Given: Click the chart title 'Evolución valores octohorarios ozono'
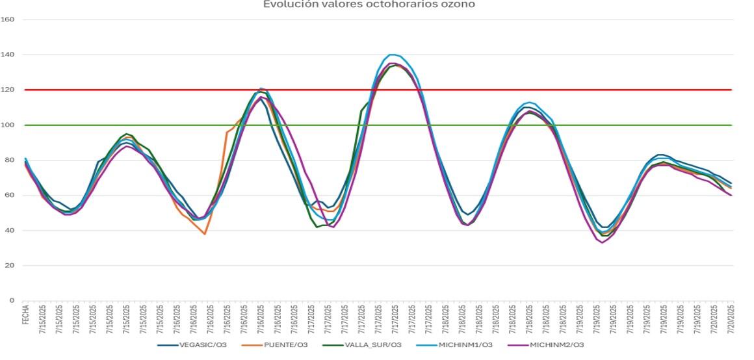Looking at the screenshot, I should pyautogui.click(x=369, y=5).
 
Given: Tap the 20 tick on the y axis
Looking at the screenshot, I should pyautogui.click(x=10, y=266).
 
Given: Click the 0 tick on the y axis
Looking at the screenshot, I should pyautogui.click(x=12, y=301).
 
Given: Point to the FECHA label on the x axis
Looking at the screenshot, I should pyautogui.click(x=25, y=315).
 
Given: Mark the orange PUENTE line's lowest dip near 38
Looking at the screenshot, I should pyautogui.click(x=205, y=234).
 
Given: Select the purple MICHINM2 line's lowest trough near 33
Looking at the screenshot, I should pyautogui.click(x=602, y=242).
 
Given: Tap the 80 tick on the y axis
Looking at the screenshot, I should pyautogui.click(x=10, y=160).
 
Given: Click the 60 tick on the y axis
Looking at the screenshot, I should pyautogui.click(x=10, y=196).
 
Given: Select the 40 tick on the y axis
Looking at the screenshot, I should pyautogui.click(x=10, y=231).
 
